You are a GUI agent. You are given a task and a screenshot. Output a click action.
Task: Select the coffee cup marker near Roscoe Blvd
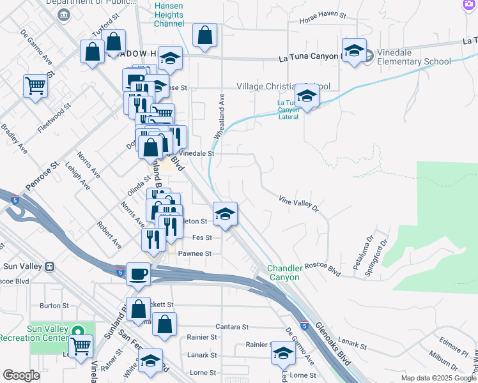click(x=138, y=275)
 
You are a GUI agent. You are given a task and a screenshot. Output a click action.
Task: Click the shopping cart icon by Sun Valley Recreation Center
click(x=81, y=347)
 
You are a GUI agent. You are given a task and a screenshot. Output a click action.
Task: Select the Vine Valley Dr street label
click(x=298, y=204)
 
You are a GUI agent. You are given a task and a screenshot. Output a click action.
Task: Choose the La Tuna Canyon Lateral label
click(x=289, y=109)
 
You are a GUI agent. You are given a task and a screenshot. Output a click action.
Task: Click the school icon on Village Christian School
click(x=307, y=96)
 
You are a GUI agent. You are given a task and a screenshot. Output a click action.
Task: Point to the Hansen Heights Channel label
click(x=169, y=15)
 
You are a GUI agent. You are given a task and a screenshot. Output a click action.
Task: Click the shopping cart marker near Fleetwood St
click(x=36, y=86)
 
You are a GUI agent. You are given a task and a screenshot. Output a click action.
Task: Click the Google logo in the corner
click(x=22, y=375)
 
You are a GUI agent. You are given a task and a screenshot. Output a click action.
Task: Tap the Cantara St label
click(x=231, y=327)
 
